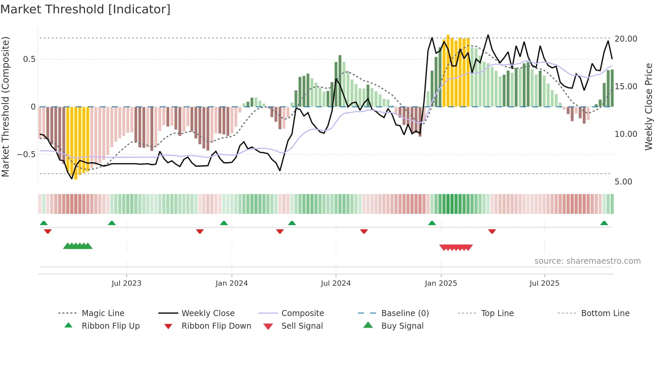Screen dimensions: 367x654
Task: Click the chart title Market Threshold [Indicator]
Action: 85,9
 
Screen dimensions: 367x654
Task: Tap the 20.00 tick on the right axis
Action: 626,39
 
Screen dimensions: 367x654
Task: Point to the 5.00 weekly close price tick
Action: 623,182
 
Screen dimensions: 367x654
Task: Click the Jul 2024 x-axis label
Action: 336,283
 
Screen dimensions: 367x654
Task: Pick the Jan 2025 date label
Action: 441,283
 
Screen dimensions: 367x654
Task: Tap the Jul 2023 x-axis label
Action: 126,283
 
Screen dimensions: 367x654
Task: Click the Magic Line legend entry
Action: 103,313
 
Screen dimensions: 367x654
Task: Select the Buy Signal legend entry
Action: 402,326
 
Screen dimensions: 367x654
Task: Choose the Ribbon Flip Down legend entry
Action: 216,326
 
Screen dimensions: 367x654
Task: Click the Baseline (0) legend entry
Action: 405,313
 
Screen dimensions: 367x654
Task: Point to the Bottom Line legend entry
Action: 605,313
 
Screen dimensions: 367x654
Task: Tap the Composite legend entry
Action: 302,313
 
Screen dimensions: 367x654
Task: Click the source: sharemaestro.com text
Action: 587,261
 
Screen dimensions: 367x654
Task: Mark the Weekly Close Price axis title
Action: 648,107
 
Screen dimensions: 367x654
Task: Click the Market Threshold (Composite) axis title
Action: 5,107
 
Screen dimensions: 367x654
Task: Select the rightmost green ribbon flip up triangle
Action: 604,223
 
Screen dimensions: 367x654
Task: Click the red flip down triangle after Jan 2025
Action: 492,231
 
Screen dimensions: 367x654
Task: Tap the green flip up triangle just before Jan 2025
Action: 432,223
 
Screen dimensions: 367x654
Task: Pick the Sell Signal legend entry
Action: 302,326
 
